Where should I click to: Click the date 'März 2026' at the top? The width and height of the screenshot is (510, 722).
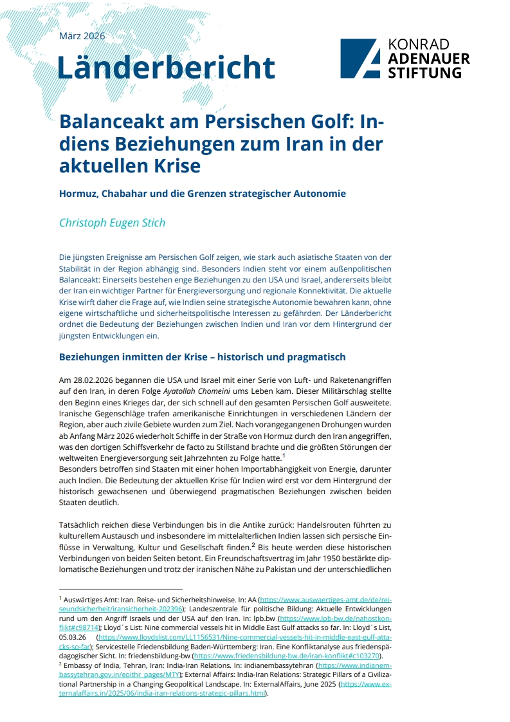(x=82, y=36)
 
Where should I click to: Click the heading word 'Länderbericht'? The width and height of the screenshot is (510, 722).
(x=166, y=67)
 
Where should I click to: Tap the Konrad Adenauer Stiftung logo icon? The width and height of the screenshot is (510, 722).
(x=361, y=59)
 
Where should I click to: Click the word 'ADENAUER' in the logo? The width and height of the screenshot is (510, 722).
(x=429, y=59)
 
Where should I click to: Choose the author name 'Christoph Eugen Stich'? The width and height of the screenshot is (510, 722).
(x=112, y=223)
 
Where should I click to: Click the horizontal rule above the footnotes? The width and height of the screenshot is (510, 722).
(x=120, y=588)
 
